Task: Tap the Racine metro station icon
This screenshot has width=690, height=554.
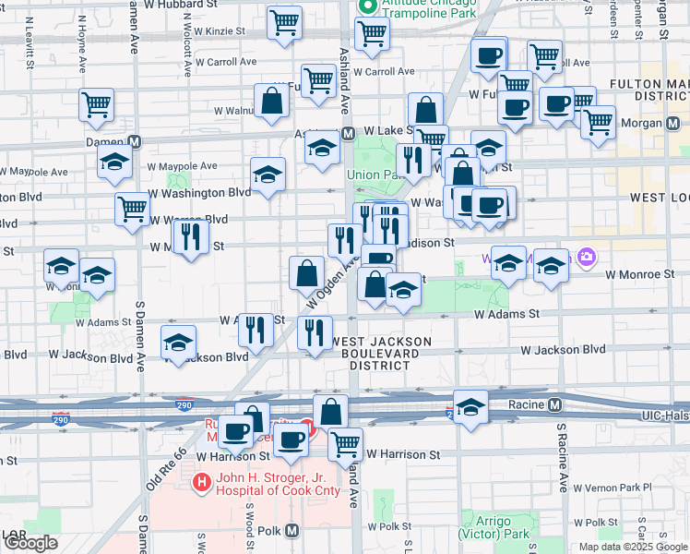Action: click(554, 404)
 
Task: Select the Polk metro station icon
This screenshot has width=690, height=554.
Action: click(291, 531)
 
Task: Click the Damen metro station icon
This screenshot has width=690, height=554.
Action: click(135, 142)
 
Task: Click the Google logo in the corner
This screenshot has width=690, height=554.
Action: click(30, 543)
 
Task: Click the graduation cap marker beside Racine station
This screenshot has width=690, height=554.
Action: click(470, 407)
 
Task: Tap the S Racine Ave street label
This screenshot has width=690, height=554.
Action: click(562, 458)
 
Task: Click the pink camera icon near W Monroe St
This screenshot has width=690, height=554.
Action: click(584, 256)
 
